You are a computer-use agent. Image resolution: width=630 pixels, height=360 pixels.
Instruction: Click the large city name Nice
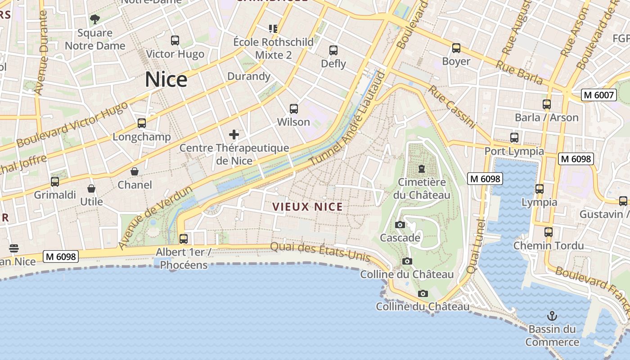tap(166, 80)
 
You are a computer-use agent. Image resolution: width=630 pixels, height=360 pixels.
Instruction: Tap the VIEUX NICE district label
tap(307, 207)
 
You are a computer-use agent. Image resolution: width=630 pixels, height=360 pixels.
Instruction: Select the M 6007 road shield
tap(598, 95)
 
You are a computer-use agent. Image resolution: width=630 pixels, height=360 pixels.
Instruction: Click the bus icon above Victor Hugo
tap(175, 40)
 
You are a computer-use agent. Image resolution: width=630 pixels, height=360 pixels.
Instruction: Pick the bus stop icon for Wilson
tap(294, 108)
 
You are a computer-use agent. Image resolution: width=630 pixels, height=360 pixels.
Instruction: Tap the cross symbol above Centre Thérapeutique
tap(234, 134)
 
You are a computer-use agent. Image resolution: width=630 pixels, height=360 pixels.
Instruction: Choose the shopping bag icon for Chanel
tap(135, 171)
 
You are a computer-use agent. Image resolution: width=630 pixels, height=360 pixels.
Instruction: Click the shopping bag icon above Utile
tap(91, 188)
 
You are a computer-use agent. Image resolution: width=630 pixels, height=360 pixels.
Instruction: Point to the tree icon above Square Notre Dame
tap(94, 19)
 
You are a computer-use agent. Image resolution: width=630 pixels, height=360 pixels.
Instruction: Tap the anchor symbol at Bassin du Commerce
tap(552, 315)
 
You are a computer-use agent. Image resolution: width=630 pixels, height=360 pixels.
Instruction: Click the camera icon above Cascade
tap(400, 225)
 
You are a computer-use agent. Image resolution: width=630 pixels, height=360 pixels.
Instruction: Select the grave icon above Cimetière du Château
tap(421, 169)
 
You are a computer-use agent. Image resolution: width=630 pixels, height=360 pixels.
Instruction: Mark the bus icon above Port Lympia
tap(514, 138)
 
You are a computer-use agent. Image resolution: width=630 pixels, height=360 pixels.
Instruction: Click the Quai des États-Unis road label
tap(320, 252)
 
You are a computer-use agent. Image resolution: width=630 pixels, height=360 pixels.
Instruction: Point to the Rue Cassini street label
tap(452, 107)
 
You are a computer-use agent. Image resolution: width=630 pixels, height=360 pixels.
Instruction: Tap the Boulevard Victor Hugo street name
tap(72, 125)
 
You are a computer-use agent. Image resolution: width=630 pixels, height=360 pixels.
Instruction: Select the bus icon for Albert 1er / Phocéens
tap(184, 238)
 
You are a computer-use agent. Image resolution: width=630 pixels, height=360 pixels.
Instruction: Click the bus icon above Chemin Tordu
tap(549, 232)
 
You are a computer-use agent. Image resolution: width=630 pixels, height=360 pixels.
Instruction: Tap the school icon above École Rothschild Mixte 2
tap(273, 29)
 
